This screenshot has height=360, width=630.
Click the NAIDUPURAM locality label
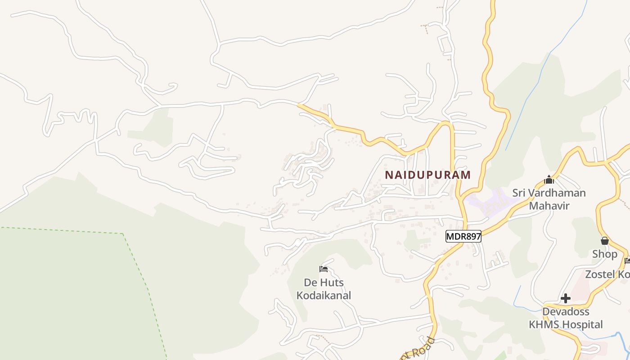pos(428,175)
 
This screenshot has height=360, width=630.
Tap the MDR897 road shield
pos(463,236)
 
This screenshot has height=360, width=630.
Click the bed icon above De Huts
pos(324,269)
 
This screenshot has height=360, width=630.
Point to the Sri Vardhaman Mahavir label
pos(549,199)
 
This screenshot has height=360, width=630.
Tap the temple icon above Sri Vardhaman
pos(549,180)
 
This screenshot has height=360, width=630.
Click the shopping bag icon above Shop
pos(605,241)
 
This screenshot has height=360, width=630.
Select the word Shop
pos(605,254)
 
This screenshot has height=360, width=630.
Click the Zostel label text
pos(607,274)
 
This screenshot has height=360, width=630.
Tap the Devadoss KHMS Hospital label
pos(566,318)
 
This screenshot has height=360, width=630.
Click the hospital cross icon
pos(566,298)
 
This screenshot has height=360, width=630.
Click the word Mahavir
pos(549,206)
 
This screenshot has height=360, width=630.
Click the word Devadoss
pos(566,311)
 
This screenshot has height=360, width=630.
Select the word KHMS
pos(543,324)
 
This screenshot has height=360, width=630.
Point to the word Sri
pos(519,193)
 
